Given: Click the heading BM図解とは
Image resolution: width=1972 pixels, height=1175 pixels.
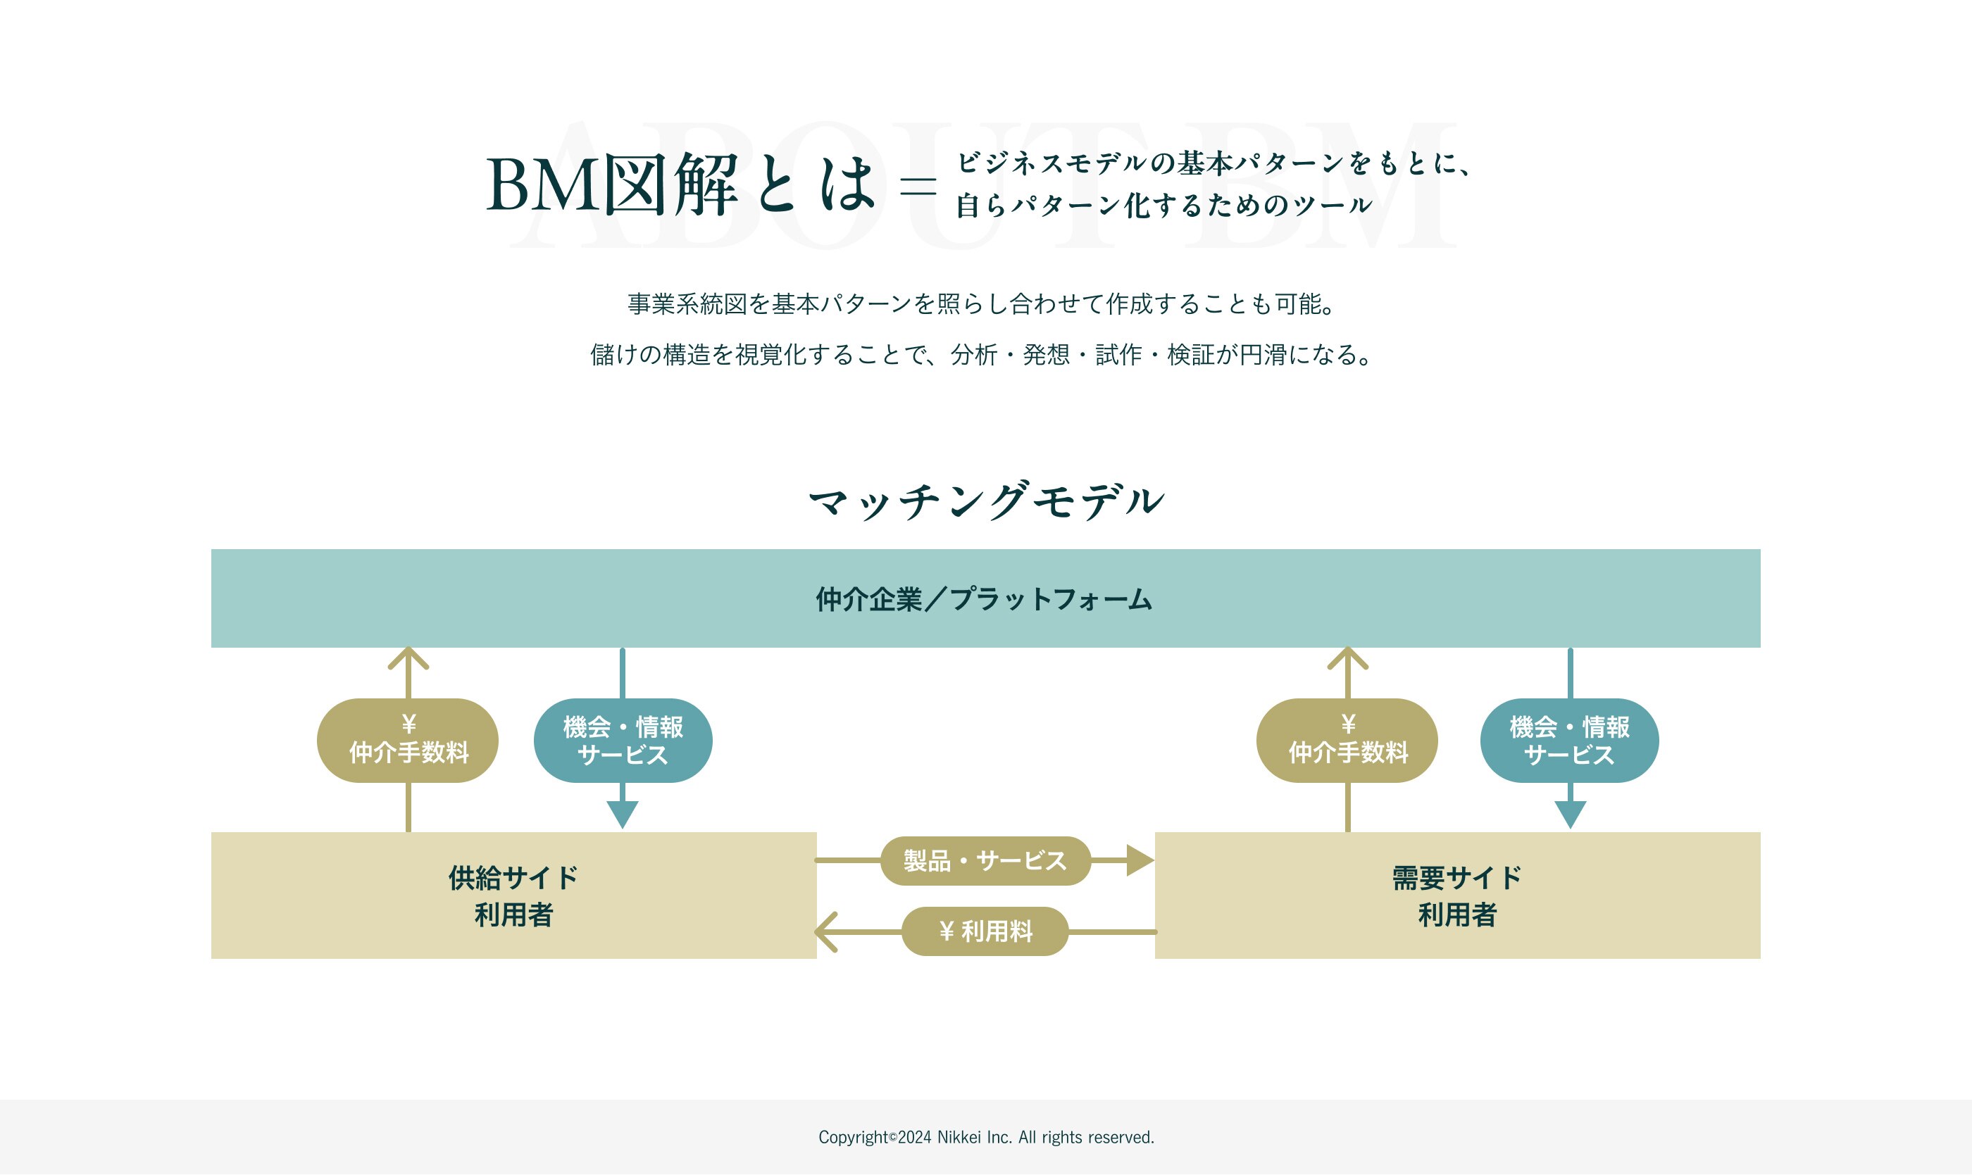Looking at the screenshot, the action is (x=681, y=184).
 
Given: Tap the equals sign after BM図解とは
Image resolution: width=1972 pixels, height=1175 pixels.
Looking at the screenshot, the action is (x=918, y=186).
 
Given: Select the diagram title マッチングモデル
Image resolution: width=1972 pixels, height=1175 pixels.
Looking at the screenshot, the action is (x=986, y=501).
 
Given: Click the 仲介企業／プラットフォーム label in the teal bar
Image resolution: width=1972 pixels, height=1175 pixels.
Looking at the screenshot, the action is (x=985, y=599).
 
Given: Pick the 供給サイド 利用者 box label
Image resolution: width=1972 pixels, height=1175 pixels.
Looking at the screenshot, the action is (x=513, y=896).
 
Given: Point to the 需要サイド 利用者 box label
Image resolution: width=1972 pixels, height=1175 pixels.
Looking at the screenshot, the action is (x=1457, y=896).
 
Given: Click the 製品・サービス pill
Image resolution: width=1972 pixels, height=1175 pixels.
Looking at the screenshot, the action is (x=985, y=861).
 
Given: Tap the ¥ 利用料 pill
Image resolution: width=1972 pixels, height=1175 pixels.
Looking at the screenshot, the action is (x=985, y=931).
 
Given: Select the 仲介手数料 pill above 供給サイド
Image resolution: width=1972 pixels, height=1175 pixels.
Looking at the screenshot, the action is (x=408, y=741).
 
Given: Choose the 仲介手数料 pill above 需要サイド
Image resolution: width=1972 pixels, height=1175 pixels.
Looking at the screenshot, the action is (x=1347, y=741).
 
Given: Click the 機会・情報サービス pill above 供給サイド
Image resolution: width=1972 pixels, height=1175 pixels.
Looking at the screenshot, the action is (x=623, y=741).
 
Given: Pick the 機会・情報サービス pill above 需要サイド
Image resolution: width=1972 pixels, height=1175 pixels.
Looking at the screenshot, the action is (x=1570, y=741).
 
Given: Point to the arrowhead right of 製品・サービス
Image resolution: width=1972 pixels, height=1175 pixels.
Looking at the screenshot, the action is (x=1140, y=861).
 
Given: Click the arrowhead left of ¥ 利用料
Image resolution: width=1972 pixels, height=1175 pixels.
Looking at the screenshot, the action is (x=826, y=932).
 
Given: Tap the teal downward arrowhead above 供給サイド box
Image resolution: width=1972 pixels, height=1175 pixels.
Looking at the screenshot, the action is (x=623, y=815).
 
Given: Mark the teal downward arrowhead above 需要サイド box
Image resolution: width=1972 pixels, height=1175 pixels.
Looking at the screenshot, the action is (x=1571, y=815).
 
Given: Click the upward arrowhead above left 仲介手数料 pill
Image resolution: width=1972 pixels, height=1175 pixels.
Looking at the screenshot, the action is (x=408, y=658).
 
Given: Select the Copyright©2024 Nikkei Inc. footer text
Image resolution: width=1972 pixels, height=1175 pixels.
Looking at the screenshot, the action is (x=986, y=1138).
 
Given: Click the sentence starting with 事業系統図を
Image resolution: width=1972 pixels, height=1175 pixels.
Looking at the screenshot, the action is (x=985, y=304).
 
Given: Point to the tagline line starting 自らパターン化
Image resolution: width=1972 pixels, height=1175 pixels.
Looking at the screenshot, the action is (x=1163, y=206).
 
